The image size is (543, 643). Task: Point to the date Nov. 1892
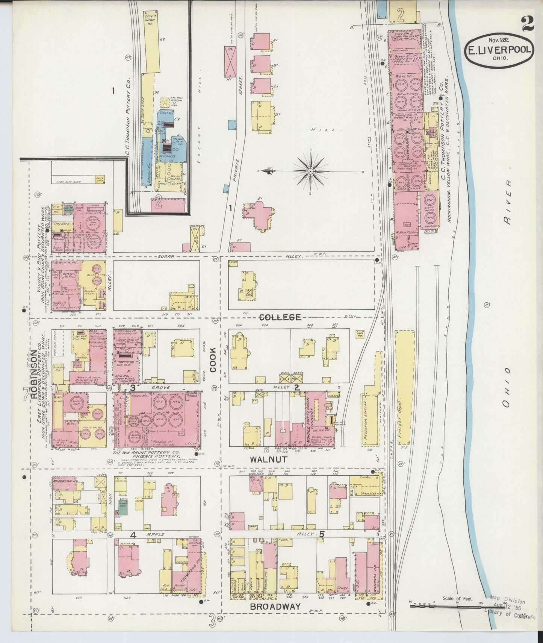point(498,40)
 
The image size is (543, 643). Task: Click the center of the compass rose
point(311,171)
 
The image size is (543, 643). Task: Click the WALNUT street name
point(269,460)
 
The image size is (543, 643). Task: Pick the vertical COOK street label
point(213,359)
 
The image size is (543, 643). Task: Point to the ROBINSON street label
point(35,374)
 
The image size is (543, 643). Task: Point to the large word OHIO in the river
point(507,387)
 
